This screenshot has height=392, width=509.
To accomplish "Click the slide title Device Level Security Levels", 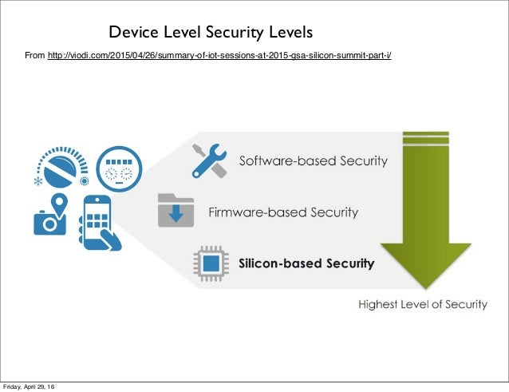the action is click(211, 33).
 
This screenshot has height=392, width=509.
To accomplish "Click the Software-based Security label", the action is click(314, 160).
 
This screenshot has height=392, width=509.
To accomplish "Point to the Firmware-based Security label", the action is click(283, 212).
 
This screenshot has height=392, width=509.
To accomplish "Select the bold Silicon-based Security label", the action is click(306, 263).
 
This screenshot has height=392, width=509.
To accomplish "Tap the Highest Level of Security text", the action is click(422, 304).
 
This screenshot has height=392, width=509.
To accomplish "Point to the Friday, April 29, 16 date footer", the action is click(28, 387).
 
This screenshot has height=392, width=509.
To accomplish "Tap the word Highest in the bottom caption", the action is click(379, 304).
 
